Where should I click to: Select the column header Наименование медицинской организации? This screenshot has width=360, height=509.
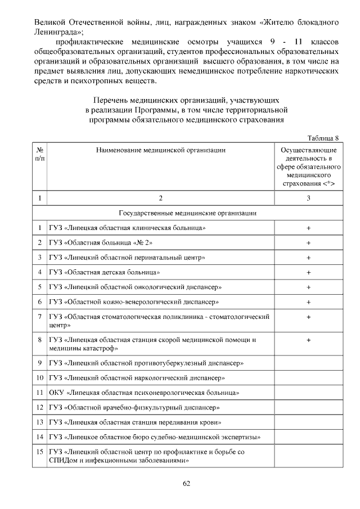click(161, 150)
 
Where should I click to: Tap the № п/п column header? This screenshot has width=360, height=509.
click(40, 155)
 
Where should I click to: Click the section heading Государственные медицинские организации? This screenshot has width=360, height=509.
click(188, 213)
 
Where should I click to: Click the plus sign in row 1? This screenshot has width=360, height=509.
click(308, 228)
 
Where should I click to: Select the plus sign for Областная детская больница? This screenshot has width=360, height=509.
click(308, 272)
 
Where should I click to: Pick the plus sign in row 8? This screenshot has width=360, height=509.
click(308, 340)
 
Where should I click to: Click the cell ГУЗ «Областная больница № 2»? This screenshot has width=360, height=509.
click(101, 242)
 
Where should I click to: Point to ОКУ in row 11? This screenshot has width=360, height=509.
click(57, 392)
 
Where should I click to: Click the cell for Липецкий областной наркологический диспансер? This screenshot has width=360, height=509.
click(137, 377)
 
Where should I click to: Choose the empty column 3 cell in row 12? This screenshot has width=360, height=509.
click(308, 407)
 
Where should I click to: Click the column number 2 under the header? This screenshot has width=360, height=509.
click(161, 198)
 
